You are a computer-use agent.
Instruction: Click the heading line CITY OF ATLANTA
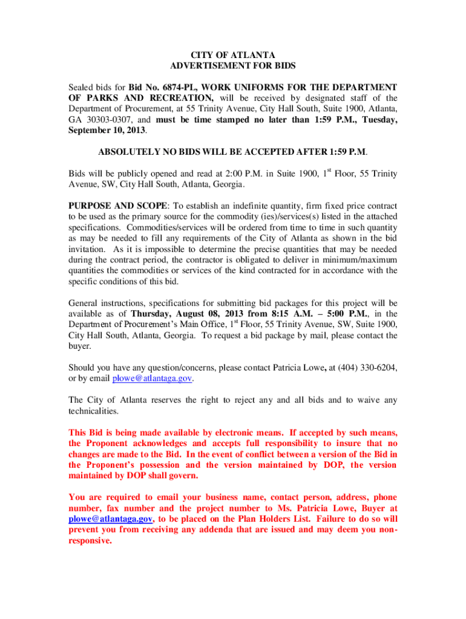[233, 55]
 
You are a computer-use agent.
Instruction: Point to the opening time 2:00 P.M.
[206, 174]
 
